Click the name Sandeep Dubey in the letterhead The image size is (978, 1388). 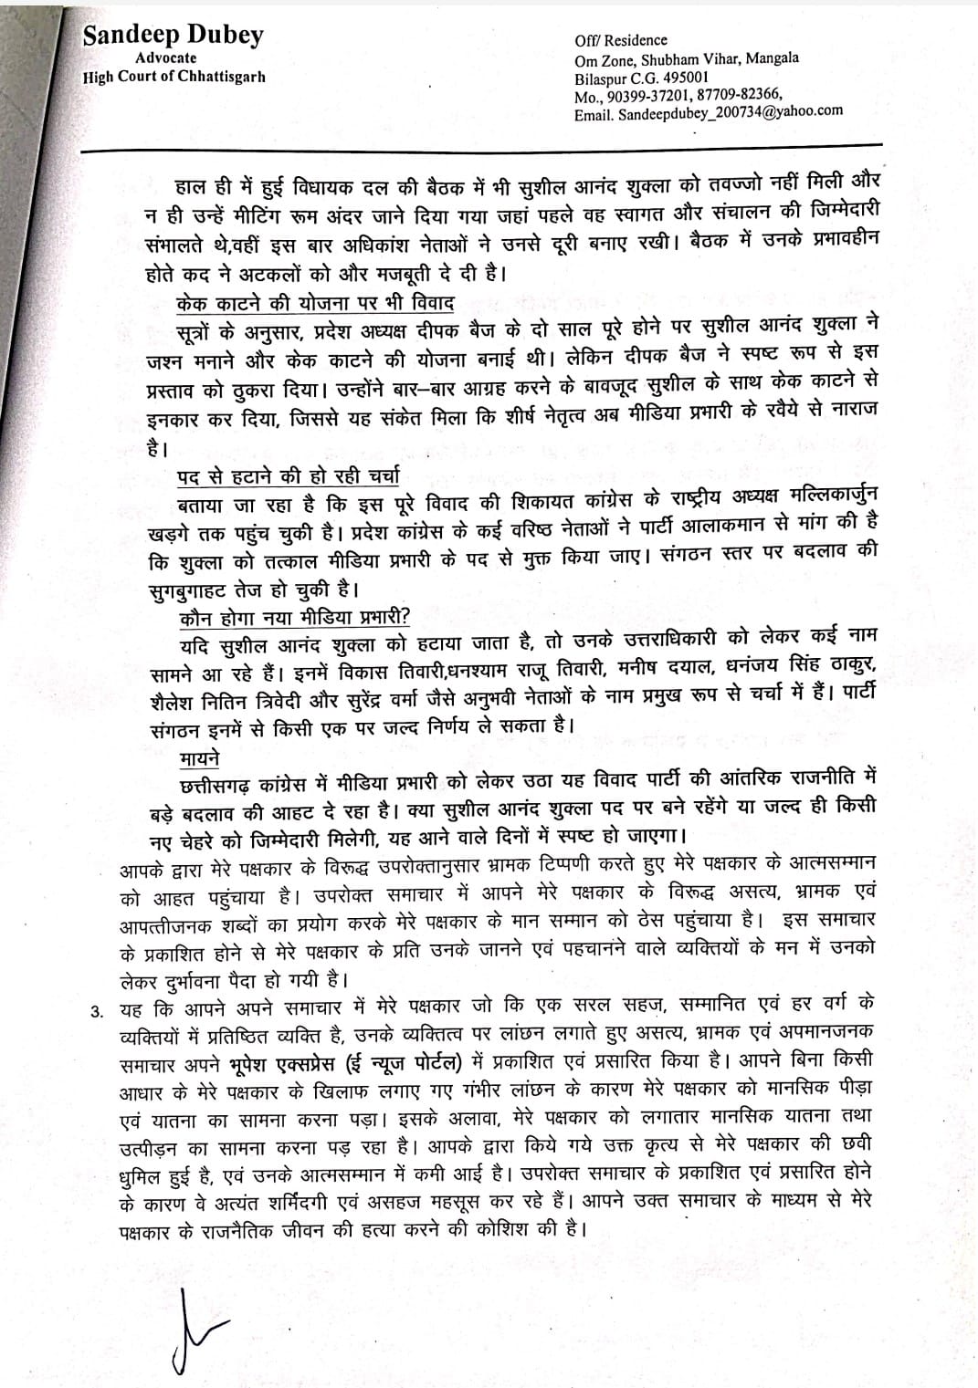tap(172, 36)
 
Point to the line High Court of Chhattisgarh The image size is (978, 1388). tap(174, 77)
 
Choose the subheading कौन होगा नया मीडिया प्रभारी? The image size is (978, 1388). tap(293, 616)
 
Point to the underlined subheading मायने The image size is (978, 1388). tap(199, 757)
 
